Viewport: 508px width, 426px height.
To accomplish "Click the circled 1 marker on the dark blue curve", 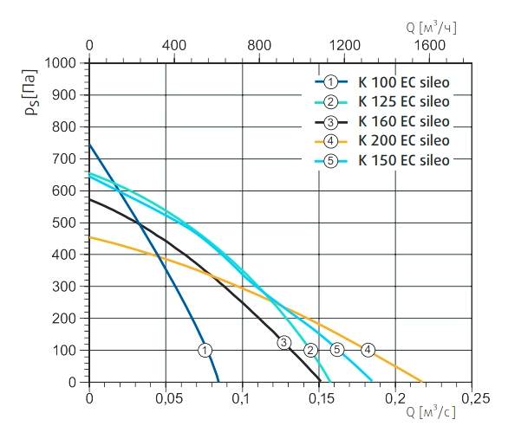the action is (x=205, y=351).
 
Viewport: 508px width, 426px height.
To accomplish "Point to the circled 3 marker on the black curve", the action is (x=284, y=343).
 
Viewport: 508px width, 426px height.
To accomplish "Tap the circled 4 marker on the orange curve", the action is (x=368, y=350).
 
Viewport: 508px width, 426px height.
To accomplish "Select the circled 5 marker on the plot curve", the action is (x=337, y=350).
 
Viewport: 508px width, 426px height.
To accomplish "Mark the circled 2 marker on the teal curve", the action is (x=310, y=350).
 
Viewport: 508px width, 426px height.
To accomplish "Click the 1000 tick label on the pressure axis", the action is (x=60, y=63).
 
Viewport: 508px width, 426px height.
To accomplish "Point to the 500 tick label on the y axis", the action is (x=64, y=223).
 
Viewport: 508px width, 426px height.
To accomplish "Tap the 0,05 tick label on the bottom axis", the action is (x=169, y=398).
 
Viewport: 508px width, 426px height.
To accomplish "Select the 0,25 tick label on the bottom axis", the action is (x=475, y=398).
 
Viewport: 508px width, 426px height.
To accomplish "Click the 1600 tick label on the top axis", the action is (x=430, y=45).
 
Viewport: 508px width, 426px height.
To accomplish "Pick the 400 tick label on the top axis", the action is (x=174, y=45).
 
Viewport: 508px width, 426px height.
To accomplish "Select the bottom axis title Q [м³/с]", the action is (x=431, y=412).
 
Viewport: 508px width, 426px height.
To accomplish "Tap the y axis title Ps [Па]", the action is (x=31, y=93).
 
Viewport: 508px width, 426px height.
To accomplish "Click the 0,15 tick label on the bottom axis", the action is (x=322, y=398).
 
